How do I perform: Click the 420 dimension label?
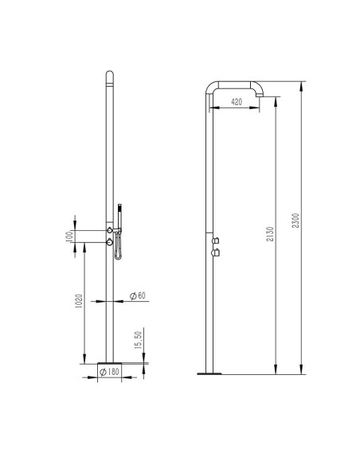click(x=237, y=102)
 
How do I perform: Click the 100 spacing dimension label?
click(x=70, y=236)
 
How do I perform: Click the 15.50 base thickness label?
click(x=138, y=340)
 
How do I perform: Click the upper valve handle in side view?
click(x=217, y=239)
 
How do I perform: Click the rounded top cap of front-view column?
click(x=109, y=76)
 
